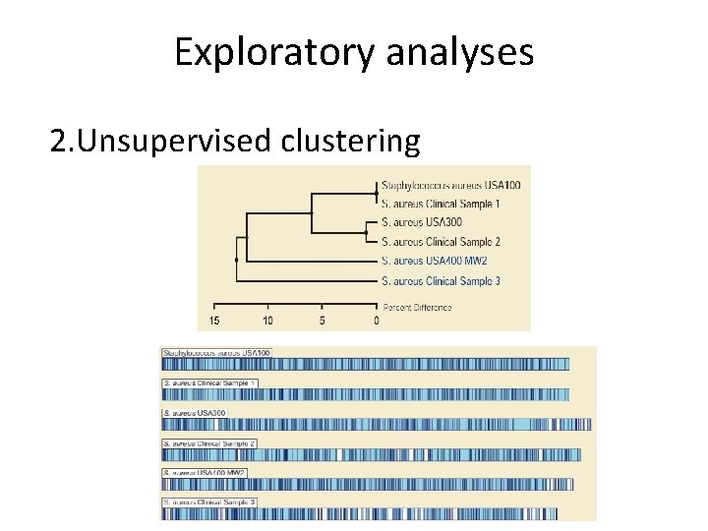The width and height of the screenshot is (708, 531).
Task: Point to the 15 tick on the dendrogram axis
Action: [214, 321]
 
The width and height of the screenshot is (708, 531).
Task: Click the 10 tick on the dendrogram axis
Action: [267, 321]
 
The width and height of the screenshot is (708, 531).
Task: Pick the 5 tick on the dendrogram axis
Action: [323, 321]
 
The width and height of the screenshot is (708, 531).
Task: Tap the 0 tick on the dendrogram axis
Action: [377, 321]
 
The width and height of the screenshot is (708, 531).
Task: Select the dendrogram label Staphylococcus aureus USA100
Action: [450, 185]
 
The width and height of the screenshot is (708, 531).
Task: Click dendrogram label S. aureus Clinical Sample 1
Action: [440, 204]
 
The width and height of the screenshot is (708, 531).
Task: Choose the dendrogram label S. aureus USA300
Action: [420, 222]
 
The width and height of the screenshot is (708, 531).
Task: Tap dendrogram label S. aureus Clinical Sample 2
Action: [440, 242]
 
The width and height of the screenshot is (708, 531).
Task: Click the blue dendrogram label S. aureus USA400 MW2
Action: [434, 261]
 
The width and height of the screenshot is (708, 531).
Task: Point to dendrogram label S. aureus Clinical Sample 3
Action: [440, 280]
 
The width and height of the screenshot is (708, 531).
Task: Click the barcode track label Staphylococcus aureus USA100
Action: [217, 353]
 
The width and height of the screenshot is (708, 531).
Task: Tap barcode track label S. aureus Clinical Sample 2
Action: [209, 442]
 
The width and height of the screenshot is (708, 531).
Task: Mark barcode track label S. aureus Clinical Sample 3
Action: [209, 502]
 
